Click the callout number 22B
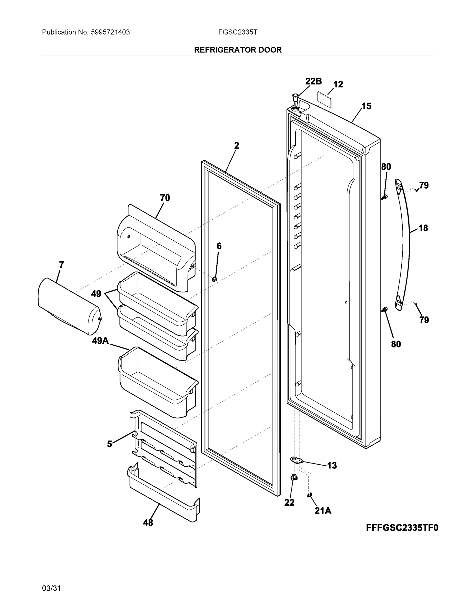pos(313,81)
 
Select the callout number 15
pos(366,106)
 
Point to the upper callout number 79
pos(424,185)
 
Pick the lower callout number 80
pos(396,344)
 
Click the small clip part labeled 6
pos(214,279)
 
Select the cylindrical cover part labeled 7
pos(69,307)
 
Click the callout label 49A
pos(100,341)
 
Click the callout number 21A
pos(323,511)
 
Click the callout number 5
pos(109,444)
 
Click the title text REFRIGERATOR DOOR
pos(238,50)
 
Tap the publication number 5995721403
pos(110,32)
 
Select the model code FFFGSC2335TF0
pos(402,527)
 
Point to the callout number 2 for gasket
pos(236,146)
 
